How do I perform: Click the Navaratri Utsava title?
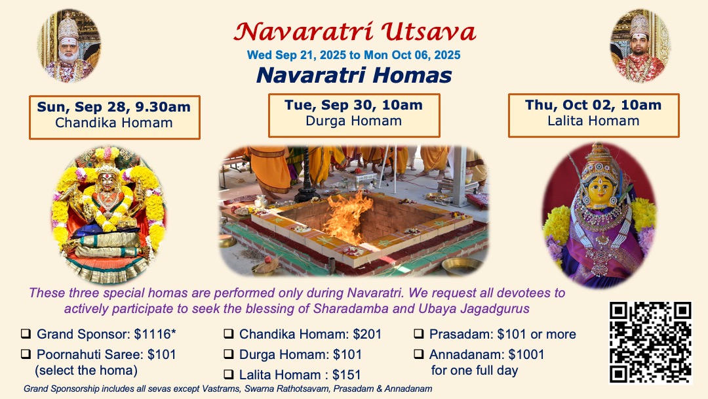click(355, 31)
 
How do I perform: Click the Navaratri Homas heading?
click(354, 75)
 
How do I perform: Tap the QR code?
click(650, 342)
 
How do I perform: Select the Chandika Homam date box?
click(114, 117)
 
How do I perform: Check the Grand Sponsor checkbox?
click(26, 334)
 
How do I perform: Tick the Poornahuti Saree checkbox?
click(26, 354)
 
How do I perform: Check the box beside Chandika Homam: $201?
click(229, 334)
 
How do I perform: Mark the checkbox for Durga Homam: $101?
click(229, 354)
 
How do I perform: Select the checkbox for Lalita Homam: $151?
click(229, 375)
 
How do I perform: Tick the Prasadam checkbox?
click(419, 334)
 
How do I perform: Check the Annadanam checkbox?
click(419, 354)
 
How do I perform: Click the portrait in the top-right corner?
click(639, 46)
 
